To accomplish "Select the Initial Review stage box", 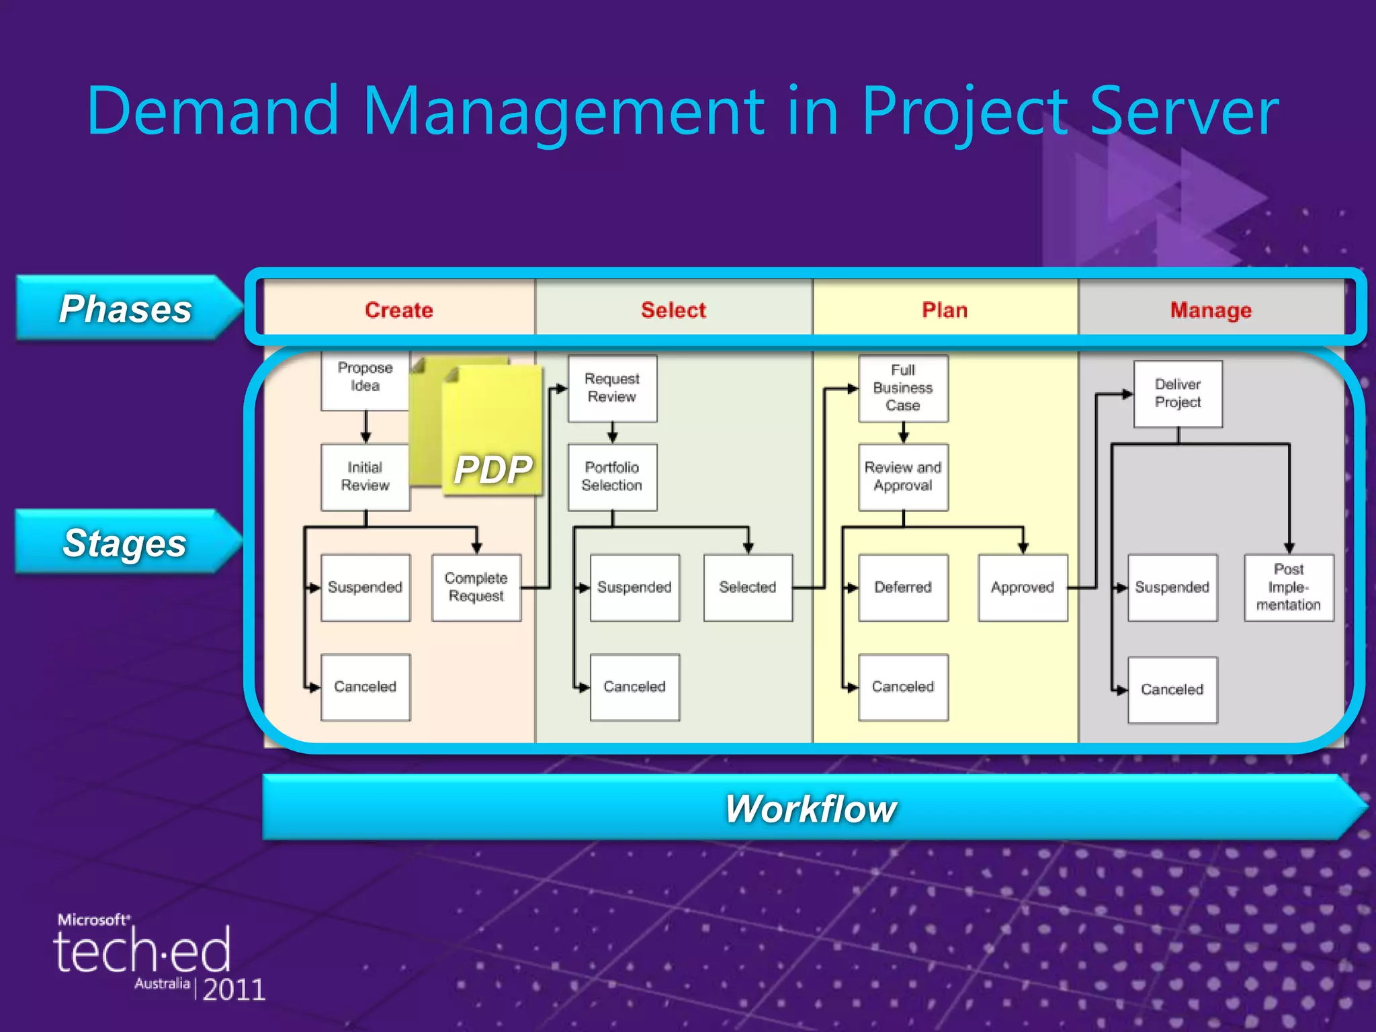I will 365,477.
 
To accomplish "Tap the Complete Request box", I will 476,587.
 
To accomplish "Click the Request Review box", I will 612,388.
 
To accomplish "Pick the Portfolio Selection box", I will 612,477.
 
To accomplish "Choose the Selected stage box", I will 748,587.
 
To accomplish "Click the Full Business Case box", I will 903,388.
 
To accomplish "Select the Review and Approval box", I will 903,477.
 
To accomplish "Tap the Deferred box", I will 903,587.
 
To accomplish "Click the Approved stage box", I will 1023,587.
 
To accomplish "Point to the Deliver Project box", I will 1178,394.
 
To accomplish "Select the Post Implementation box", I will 1289,587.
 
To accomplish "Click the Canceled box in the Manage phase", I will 1172,689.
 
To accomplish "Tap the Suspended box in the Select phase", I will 634,587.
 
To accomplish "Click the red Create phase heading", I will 399,310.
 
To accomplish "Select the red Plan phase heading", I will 945,310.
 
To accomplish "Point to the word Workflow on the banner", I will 811,808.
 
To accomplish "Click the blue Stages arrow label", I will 125,543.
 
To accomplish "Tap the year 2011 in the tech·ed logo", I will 234,990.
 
